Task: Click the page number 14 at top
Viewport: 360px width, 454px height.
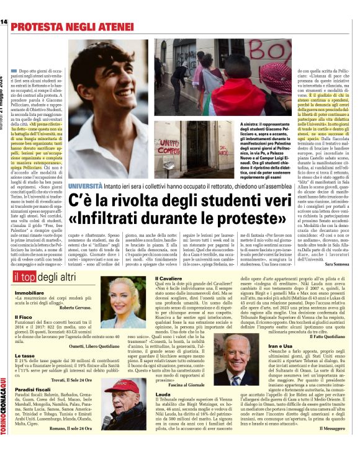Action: point(4,22)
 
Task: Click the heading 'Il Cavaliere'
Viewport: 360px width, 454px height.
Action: point(168,279)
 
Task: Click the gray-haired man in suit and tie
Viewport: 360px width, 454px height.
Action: point(247,359)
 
